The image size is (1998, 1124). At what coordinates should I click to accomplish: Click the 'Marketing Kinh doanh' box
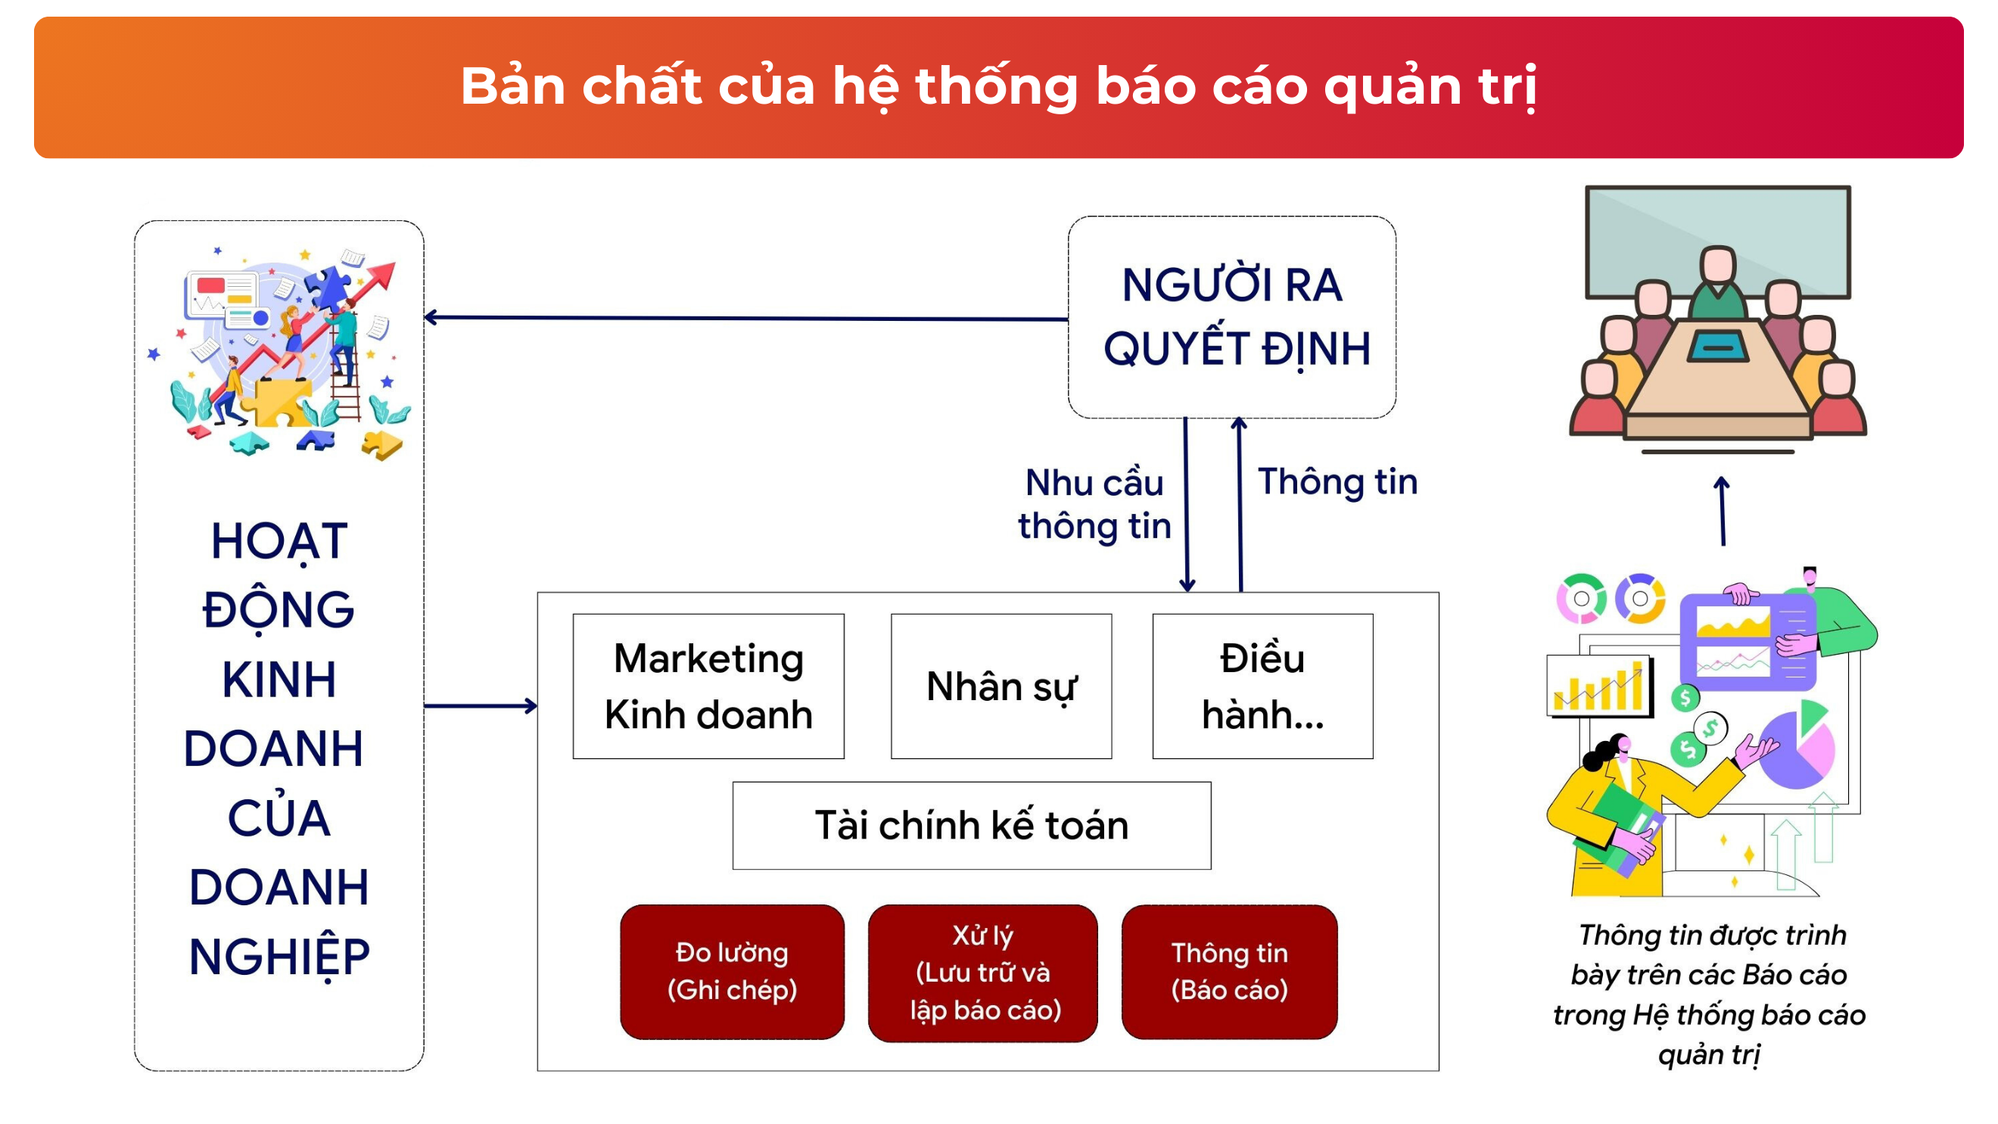point(708,687)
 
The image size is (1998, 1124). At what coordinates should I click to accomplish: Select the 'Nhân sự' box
point(1001,687)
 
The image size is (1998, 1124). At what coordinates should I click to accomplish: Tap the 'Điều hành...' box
point(1262,687)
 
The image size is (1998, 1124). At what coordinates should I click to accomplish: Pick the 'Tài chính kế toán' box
point(972,825)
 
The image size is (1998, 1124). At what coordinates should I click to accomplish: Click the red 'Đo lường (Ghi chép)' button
point(732,972)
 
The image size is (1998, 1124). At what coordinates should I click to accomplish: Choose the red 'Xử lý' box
point(982,973)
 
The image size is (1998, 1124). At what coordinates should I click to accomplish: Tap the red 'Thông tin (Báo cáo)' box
point(1229,972)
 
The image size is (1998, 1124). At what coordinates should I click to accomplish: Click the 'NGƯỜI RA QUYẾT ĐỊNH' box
point(1231,317)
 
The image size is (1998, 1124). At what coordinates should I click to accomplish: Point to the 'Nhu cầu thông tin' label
point(1094,504)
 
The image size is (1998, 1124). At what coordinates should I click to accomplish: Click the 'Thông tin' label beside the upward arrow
point(1338,481)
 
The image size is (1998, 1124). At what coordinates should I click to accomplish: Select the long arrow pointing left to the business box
point(746,318)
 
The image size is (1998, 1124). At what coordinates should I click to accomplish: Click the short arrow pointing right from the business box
point(481,706)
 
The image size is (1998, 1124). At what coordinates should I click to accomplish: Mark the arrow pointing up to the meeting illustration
point(1722,511)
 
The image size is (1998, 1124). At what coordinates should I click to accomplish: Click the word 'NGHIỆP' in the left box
point(279,957)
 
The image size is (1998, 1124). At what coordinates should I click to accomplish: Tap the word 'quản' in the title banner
point(1392,87)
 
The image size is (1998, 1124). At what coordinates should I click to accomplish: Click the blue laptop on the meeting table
point(1718,346)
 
